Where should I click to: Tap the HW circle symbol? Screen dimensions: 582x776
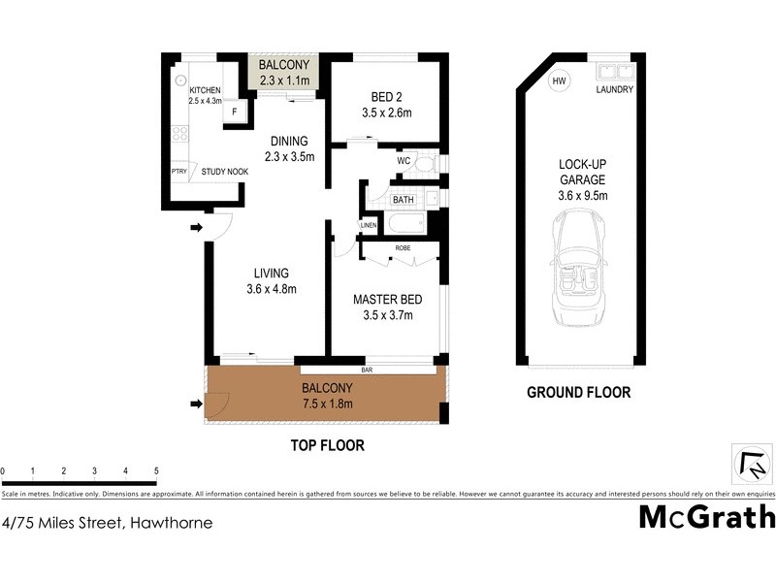coord(559,81)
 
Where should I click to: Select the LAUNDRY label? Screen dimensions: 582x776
coord(615,90)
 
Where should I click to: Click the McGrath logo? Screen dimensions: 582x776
coord(706,516)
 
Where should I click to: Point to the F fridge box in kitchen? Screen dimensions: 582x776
coord(233,112)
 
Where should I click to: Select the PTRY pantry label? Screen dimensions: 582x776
coord(178,172)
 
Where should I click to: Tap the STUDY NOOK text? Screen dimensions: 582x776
coord(224,172)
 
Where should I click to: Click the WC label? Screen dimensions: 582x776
coord(403,161)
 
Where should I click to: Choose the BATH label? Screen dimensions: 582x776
coord(403,201)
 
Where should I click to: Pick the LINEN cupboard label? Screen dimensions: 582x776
coord(368,226)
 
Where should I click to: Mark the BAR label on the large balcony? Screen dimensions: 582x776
coord(368,370)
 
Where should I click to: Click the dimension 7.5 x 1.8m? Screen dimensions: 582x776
coord(325,404)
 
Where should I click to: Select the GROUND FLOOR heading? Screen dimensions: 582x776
coord(578,393)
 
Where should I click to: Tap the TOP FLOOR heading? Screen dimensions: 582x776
coord(327,446)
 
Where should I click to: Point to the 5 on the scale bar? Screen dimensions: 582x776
coord(156,471)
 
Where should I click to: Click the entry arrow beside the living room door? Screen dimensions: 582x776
coord(195,228)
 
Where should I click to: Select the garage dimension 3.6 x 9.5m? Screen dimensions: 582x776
coord(581,195)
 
